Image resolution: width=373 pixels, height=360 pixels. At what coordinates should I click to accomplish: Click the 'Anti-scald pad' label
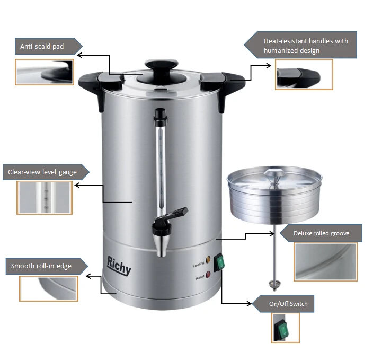point(42,46)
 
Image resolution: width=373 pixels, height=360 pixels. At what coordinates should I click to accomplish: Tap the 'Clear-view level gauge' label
point(42,172)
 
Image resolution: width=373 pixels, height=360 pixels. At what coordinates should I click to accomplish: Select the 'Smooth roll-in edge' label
point(41,266)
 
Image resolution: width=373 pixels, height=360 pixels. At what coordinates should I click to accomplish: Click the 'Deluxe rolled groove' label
point(322,233)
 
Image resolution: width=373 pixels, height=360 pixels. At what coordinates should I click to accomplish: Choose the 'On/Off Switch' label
point(288,304)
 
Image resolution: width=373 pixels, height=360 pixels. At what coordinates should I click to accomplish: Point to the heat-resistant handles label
point(306,46)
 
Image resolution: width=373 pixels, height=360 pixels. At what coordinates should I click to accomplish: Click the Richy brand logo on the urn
point(119,266)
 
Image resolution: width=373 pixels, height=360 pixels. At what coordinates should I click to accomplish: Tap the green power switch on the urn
point(219,262)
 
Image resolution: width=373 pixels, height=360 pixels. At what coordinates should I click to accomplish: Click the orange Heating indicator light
point(208,259)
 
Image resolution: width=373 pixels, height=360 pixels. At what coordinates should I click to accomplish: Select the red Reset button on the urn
point(208,275)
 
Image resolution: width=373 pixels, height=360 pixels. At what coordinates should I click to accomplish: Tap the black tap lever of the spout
point(175,215)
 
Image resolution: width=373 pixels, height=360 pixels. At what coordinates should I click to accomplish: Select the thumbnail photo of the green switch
point(286,328)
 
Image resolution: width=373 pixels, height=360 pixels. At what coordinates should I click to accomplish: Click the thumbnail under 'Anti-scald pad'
point(45,72)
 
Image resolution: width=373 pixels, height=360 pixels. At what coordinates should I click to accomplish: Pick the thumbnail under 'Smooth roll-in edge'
point(49,288)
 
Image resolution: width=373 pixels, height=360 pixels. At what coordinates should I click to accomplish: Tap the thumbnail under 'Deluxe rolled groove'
point(326,262)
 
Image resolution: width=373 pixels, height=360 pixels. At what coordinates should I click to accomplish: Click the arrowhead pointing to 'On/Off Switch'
point(250,304)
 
